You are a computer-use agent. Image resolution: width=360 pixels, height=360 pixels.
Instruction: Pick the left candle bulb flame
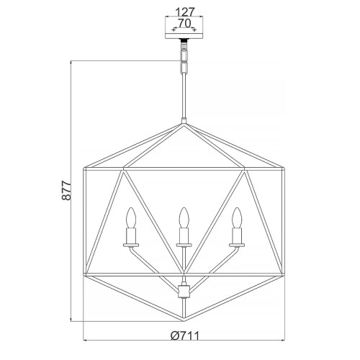pyautogui.click(x=132, y=217)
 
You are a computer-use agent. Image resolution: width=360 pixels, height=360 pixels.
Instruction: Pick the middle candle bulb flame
pyautogui.click(x=184, y=217)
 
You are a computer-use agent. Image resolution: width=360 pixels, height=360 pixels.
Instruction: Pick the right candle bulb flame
pyautogui.click(x=235, y=217)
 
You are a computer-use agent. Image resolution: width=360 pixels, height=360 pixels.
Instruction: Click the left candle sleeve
pyautogui.click(x=132, y=235)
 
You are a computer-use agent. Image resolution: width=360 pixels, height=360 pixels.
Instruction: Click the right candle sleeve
pyautogui.click(x=235, y=235)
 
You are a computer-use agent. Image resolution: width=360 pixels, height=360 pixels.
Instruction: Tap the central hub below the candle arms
pyautogui.click(x=184, y=290)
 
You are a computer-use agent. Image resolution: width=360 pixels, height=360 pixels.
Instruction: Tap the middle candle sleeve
pyautogui.click(x=184, y=235)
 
